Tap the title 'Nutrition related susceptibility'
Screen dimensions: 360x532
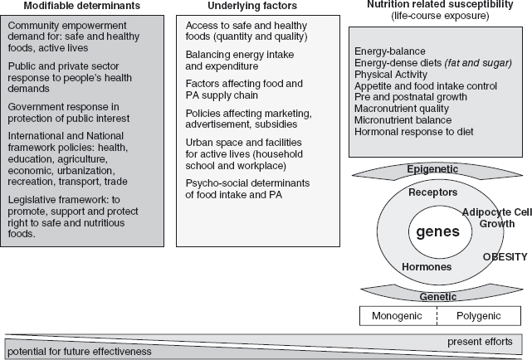[x=435, y=5]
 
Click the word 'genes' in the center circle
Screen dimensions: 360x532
[x=437, y=231]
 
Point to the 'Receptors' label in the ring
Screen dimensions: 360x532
[x=433, y=192]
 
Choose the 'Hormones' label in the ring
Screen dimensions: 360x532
[x=427, y=267]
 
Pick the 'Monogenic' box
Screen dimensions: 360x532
[x=397, y=316]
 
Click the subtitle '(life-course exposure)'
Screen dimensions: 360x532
[x=435, y=17]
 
